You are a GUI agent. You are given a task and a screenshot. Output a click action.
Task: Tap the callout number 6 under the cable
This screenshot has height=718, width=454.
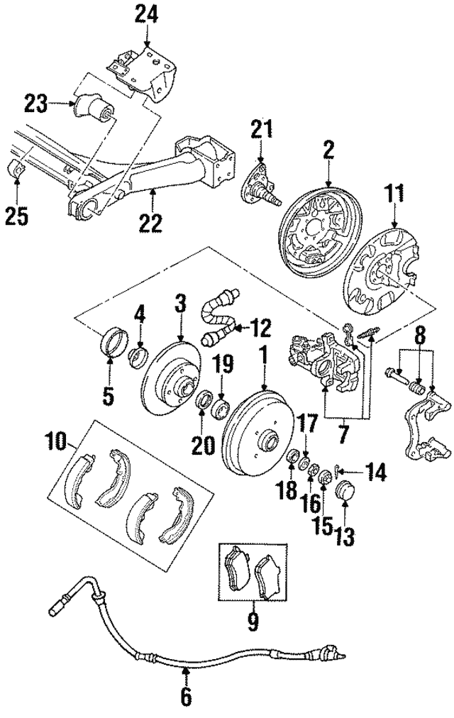coord(186,697)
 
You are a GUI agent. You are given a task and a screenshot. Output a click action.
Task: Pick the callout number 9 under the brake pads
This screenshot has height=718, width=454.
coord(253,623)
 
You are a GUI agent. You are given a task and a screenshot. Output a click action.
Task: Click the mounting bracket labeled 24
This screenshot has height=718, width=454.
coord(146,68)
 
